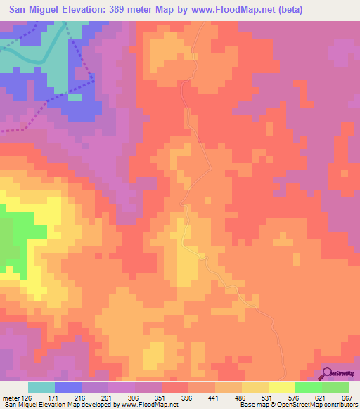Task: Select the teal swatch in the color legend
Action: pyautogui.click(x=41, y=388)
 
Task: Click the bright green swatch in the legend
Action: pyautogui.click(x=309, y=388)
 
